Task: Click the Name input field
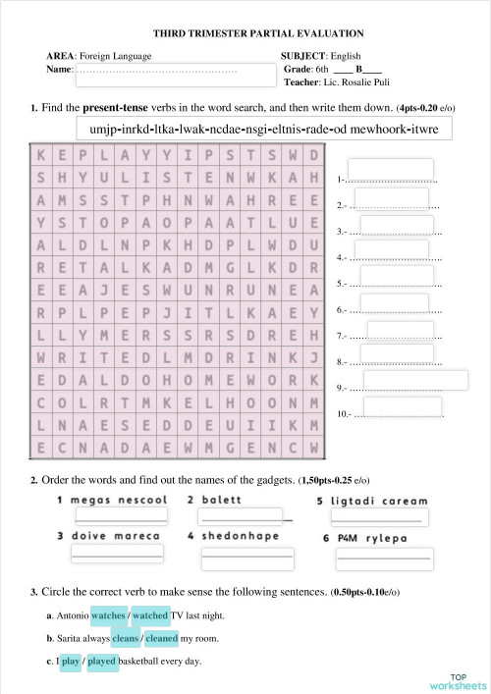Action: click(159, 75)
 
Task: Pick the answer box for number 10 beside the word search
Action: click(403, 407)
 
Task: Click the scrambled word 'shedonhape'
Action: click(241, 536)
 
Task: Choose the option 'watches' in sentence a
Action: click(108, 615)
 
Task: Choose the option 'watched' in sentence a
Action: click(150, 615)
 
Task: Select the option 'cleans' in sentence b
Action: click(125, 638)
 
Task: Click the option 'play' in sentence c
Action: click(70, 661)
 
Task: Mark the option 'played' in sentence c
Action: click(102, 661)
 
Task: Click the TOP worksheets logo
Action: click(457, 680)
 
